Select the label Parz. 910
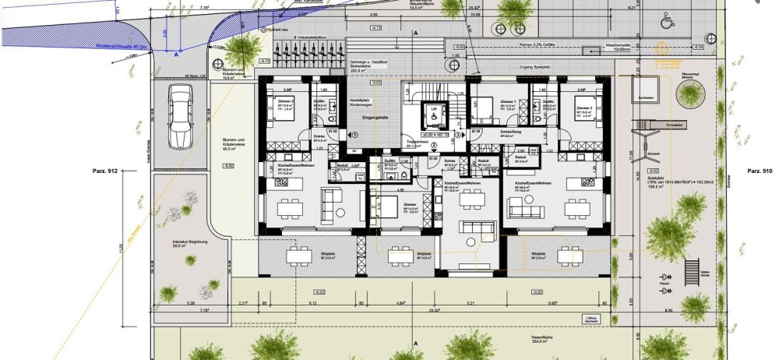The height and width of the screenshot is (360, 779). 758,170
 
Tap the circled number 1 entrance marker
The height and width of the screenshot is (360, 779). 355,134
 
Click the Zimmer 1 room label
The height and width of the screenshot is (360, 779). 508,102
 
